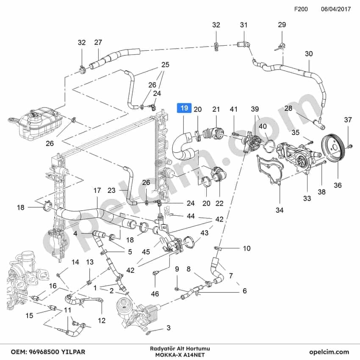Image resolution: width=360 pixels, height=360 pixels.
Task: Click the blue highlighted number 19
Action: click(184, 108)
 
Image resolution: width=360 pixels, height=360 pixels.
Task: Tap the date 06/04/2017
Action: click(336, 9)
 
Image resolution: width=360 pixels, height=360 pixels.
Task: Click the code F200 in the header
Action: click(301, 9)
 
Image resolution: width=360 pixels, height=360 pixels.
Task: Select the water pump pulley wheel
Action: click(333, 147)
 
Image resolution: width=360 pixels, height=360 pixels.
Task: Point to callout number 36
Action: click(338, 185)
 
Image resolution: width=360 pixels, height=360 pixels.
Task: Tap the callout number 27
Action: click(98, 42)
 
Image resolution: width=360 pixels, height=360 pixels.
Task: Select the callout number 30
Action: click(309, 54)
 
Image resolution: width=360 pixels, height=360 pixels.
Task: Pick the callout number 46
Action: click(155, 294)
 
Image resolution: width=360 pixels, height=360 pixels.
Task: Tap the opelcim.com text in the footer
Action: click(329, 352)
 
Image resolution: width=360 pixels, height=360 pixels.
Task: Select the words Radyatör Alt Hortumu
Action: click(180, 349)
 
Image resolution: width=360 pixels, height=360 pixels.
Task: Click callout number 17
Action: click(97, 190)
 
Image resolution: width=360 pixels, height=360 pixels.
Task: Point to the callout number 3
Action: click(169, 327)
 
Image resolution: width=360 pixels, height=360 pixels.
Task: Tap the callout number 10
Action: click(246, 248)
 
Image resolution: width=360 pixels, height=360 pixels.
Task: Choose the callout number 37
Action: click(348, 120)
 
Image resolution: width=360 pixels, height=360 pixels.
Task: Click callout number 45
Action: click(146, 252)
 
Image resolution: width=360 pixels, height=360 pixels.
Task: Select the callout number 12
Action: click(101, 320)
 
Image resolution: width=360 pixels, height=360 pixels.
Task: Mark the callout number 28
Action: click(288, 108)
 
